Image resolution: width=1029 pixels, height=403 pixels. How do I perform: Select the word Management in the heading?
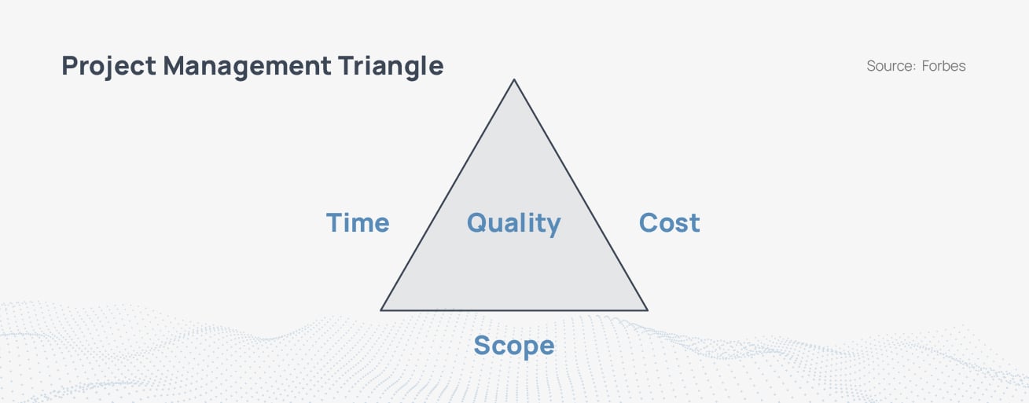(x=247, y=66)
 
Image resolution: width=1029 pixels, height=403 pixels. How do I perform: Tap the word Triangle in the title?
(x=391, y=66)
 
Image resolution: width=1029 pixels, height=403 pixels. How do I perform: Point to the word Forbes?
(x=943, y=66)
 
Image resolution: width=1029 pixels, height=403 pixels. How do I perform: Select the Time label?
(x=358, y=223)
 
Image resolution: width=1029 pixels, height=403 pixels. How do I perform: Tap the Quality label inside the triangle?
(x=513, y=223)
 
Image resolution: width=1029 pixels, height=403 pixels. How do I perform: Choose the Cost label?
(x=669, y=223)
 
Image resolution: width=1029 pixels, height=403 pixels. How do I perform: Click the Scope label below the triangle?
(x=513, y=346)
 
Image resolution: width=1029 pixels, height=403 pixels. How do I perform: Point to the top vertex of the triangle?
(x=514, y=79)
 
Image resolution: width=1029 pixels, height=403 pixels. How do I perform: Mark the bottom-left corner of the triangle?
(x=381, y=310)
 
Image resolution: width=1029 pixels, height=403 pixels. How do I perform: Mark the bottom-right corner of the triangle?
(x=647, y=310)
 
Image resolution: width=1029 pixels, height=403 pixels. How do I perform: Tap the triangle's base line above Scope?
(x=514, y=310)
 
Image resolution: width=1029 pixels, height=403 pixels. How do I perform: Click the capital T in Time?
(x=335, y=223)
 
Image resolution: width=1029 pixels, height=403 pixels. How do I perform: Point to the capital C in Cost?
(x=649, y=223)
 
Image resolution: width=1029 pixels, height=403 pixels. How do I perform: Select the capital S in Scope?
(x=483, y=346)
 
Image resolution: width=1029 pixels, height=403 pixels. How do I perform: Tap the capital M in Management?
(x=178, y=66)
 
